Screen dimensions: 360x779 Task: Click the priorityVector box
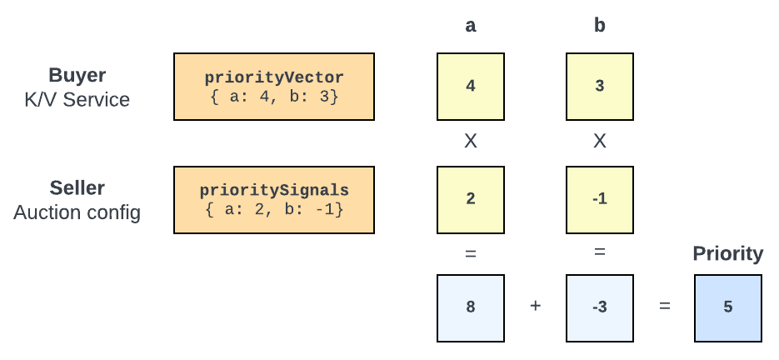click(x=274, y=87)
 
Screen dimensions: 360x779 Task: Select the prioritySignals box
click(x=274, y=200)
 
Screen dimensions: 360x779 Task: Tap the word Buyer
click(x=76, y=75)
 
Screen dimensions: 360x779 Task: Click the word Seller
click(x=77, y=188)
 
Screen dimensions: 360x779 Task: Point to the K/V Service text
click(x=77, y=100)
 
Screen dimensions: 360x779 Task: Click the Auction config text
click(x=77, y=212)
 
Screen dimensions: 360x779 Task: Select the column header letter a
click(x=471, y=26)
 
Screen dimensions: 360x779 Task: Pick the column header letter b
click(x=600, y=26)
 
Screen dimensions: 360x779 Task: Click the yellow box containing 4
click(x=471, y=87)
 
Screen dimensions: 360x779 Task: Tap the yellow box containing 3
click(x=600, y=87)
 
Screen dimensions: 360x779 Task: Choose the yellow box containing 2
click(x=471, y=200)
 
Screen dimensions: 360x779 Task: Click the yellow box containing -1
click(x=600, y=200)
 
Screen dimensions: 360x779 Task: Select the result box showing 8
click(x=471, y=307)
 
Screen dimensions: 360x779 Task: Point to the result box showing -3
click(x=600, y=307)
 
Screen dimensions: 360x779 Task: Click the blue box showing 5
click(x=728, y=307)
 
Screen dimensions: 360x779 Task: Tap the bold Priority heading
click(x=728, y=254)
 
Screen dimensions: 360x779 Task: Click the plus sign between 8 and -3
click(x=535, y=307)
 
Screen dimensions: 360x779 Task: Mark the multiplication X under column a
click(x=471, y=142)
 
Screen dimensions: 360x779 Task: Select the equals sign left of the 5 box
click(x=665, y=307)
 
